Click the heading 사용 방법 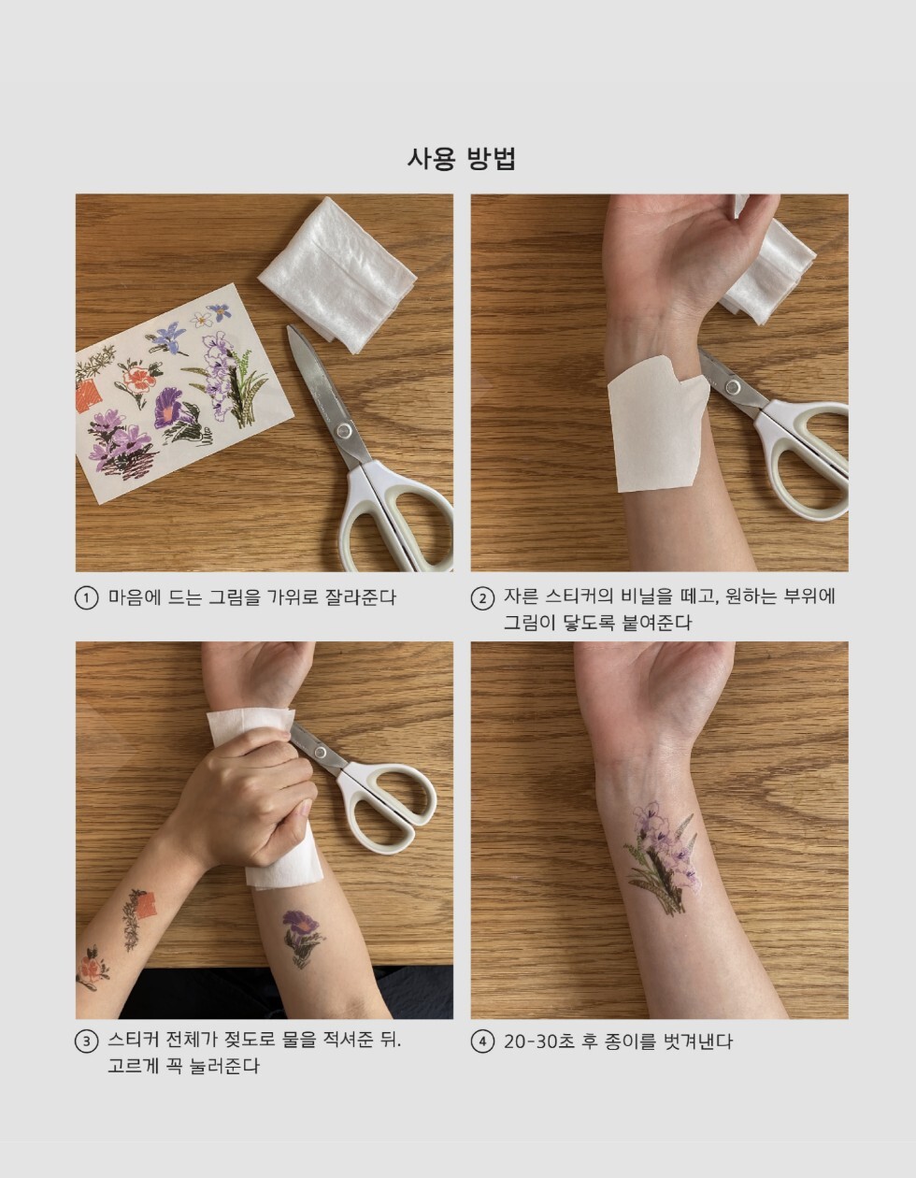(x=461, y=159)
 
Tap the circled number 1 (x=86, y=598)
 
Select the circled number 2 (x=482, y=598)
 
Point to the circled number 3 (x=86, y=1042)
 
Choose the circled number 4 (x=482, y=1042)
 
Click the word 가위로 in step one (x=293, y=597)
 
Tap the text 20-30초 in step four (x=538, y=1042)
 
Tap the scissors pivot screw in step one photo (x=341, y=431)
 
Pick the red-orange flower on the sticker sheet (x=138, y=378)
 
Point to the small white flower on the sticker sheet (x=202, y=320)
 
